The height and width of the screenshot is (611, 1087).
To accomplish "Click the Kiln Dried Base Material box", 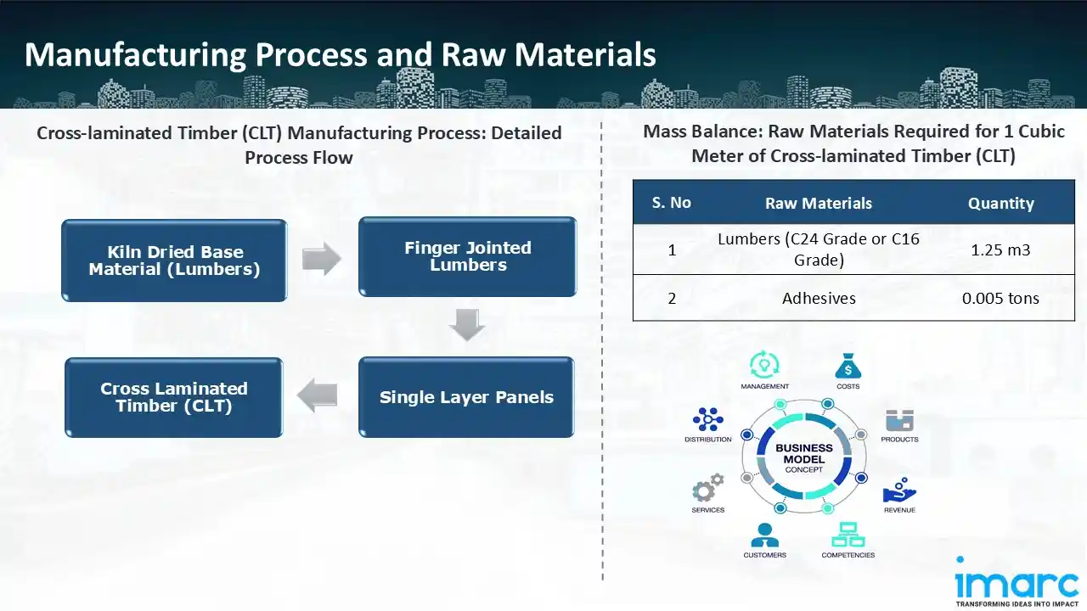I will tap(174, 261).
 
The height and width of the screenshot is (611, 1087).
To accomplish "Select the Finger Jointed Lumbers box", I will tap(467, 256).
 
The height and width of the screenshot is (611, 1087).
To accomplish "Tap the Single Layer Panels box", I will tap(466, 397).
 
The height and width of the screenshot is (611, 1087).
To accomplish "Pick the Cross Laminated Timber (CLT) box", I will tap(174, 397).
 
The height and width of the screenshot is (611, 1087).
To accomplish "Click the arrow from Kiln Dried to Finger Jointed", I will tap(321, 259).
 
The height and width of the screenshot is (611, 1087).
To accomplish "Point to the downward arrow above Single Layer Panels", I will tap(466, 325).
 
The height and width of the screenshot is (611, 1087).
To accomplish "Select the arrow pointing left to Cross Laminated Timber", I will tap(318, 395).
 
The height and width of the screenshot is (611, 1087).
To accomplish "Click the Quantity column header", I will tap(1000, 203).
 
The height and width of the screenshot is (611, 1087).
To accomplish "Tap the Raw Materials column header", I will tap(818, 203).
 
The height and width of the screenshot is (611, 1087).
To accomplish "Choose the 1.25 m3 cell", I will tap(1000, 249).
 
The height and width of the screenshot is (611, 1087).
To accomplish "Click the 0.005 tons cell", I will tap(1000, 298).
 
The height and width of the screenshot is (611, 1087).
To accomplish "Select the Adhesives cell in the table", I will tap(818, 298).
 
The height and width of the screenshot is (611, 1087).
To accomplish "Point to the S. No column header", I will tap(671, 203).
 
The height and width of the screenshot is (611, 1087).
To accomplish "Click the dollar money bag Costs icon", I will tap(848, 366).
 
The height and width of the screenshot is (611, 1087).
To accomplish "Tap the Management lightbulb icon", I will tap(764, 366).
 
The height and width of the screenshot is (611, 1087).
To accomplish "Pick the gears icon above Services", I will tap(707, 489).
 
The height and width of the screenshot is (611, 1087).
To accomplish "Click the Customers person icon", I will tap(764, 535).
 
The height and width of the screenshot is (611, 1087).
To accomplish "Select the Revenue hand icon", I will tap(898, 490).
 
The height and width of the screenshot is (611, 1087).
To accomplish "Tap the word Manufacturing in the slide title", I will tap(133, 54).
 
